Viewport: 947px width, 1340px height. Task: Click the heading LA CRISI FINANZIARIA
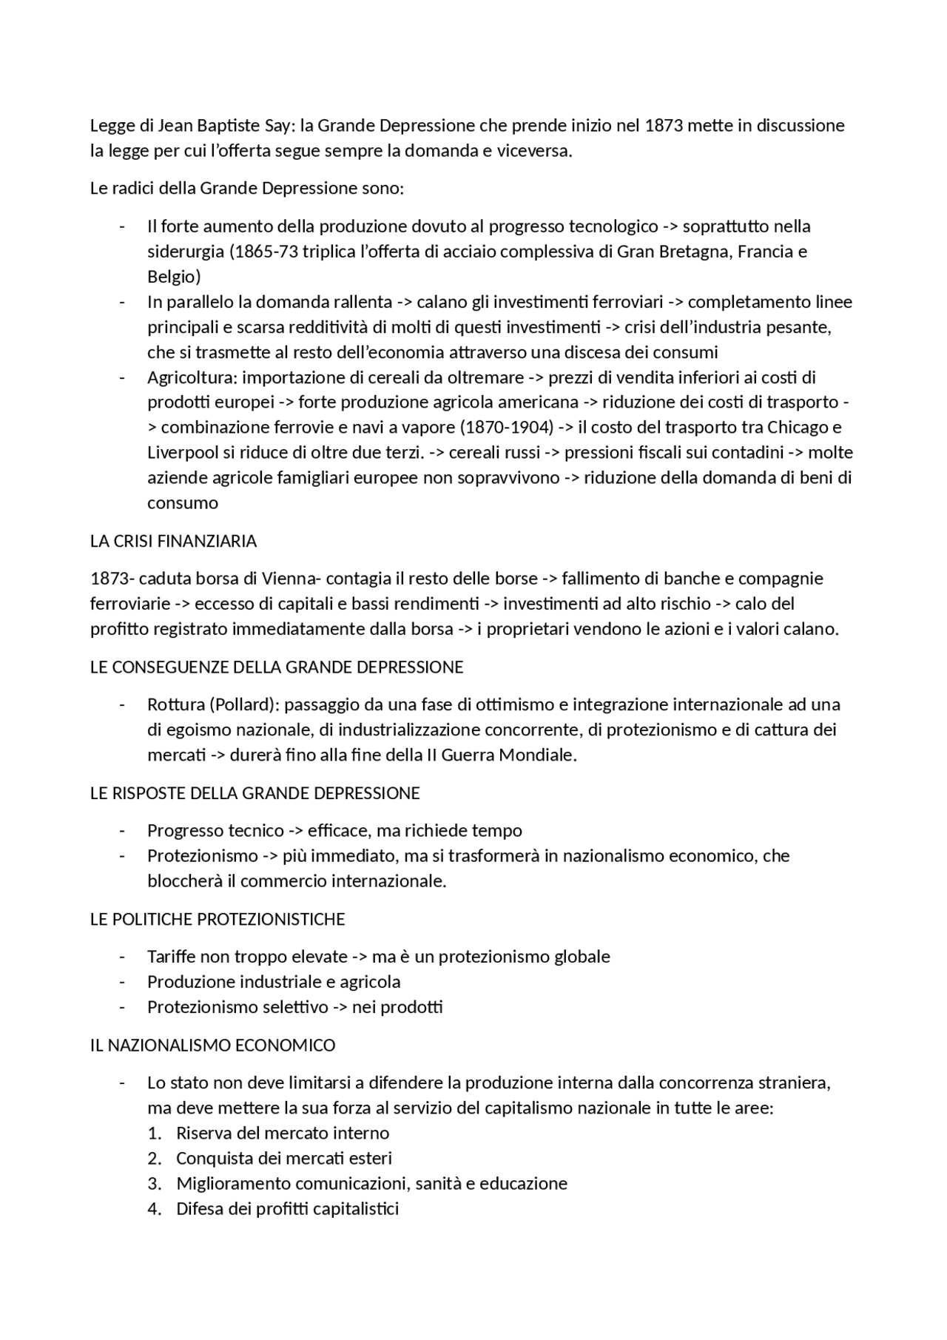(x=173, y=541)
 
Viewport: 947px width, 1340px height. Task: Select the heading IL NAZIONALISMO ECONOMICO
(x=212, y=1045)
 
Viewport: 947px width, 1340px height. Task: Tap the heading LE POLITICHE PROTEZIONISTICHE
(x=218, y=919)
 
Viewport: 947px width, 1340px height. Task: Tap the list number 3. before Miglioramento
(x=154, y=1183)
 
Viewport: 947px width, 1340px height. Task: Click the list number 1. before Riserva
(x=154, y=1133)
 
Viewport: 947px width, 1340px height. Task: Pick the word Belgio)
(x=174, y=277)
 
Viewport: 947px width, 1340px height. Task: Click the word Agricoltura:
(x=192, y=377)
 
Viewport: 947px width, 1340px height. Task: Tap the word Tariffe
(x=171, y=957)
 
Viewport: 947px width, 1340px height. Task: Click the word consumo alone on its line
(x=183, y=503)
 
